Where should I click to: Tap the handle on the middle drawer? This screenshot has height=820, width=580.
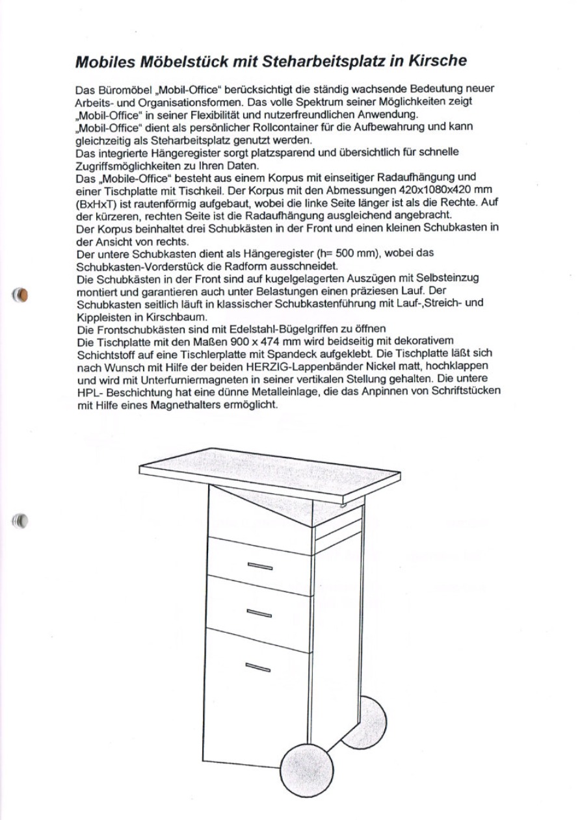tap(258, 613)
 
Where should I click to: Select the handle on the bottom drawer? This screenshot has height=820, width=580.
tap(258, 666)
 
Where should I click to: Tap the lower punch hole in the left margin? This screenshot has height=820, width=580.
tap(21, 520)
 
